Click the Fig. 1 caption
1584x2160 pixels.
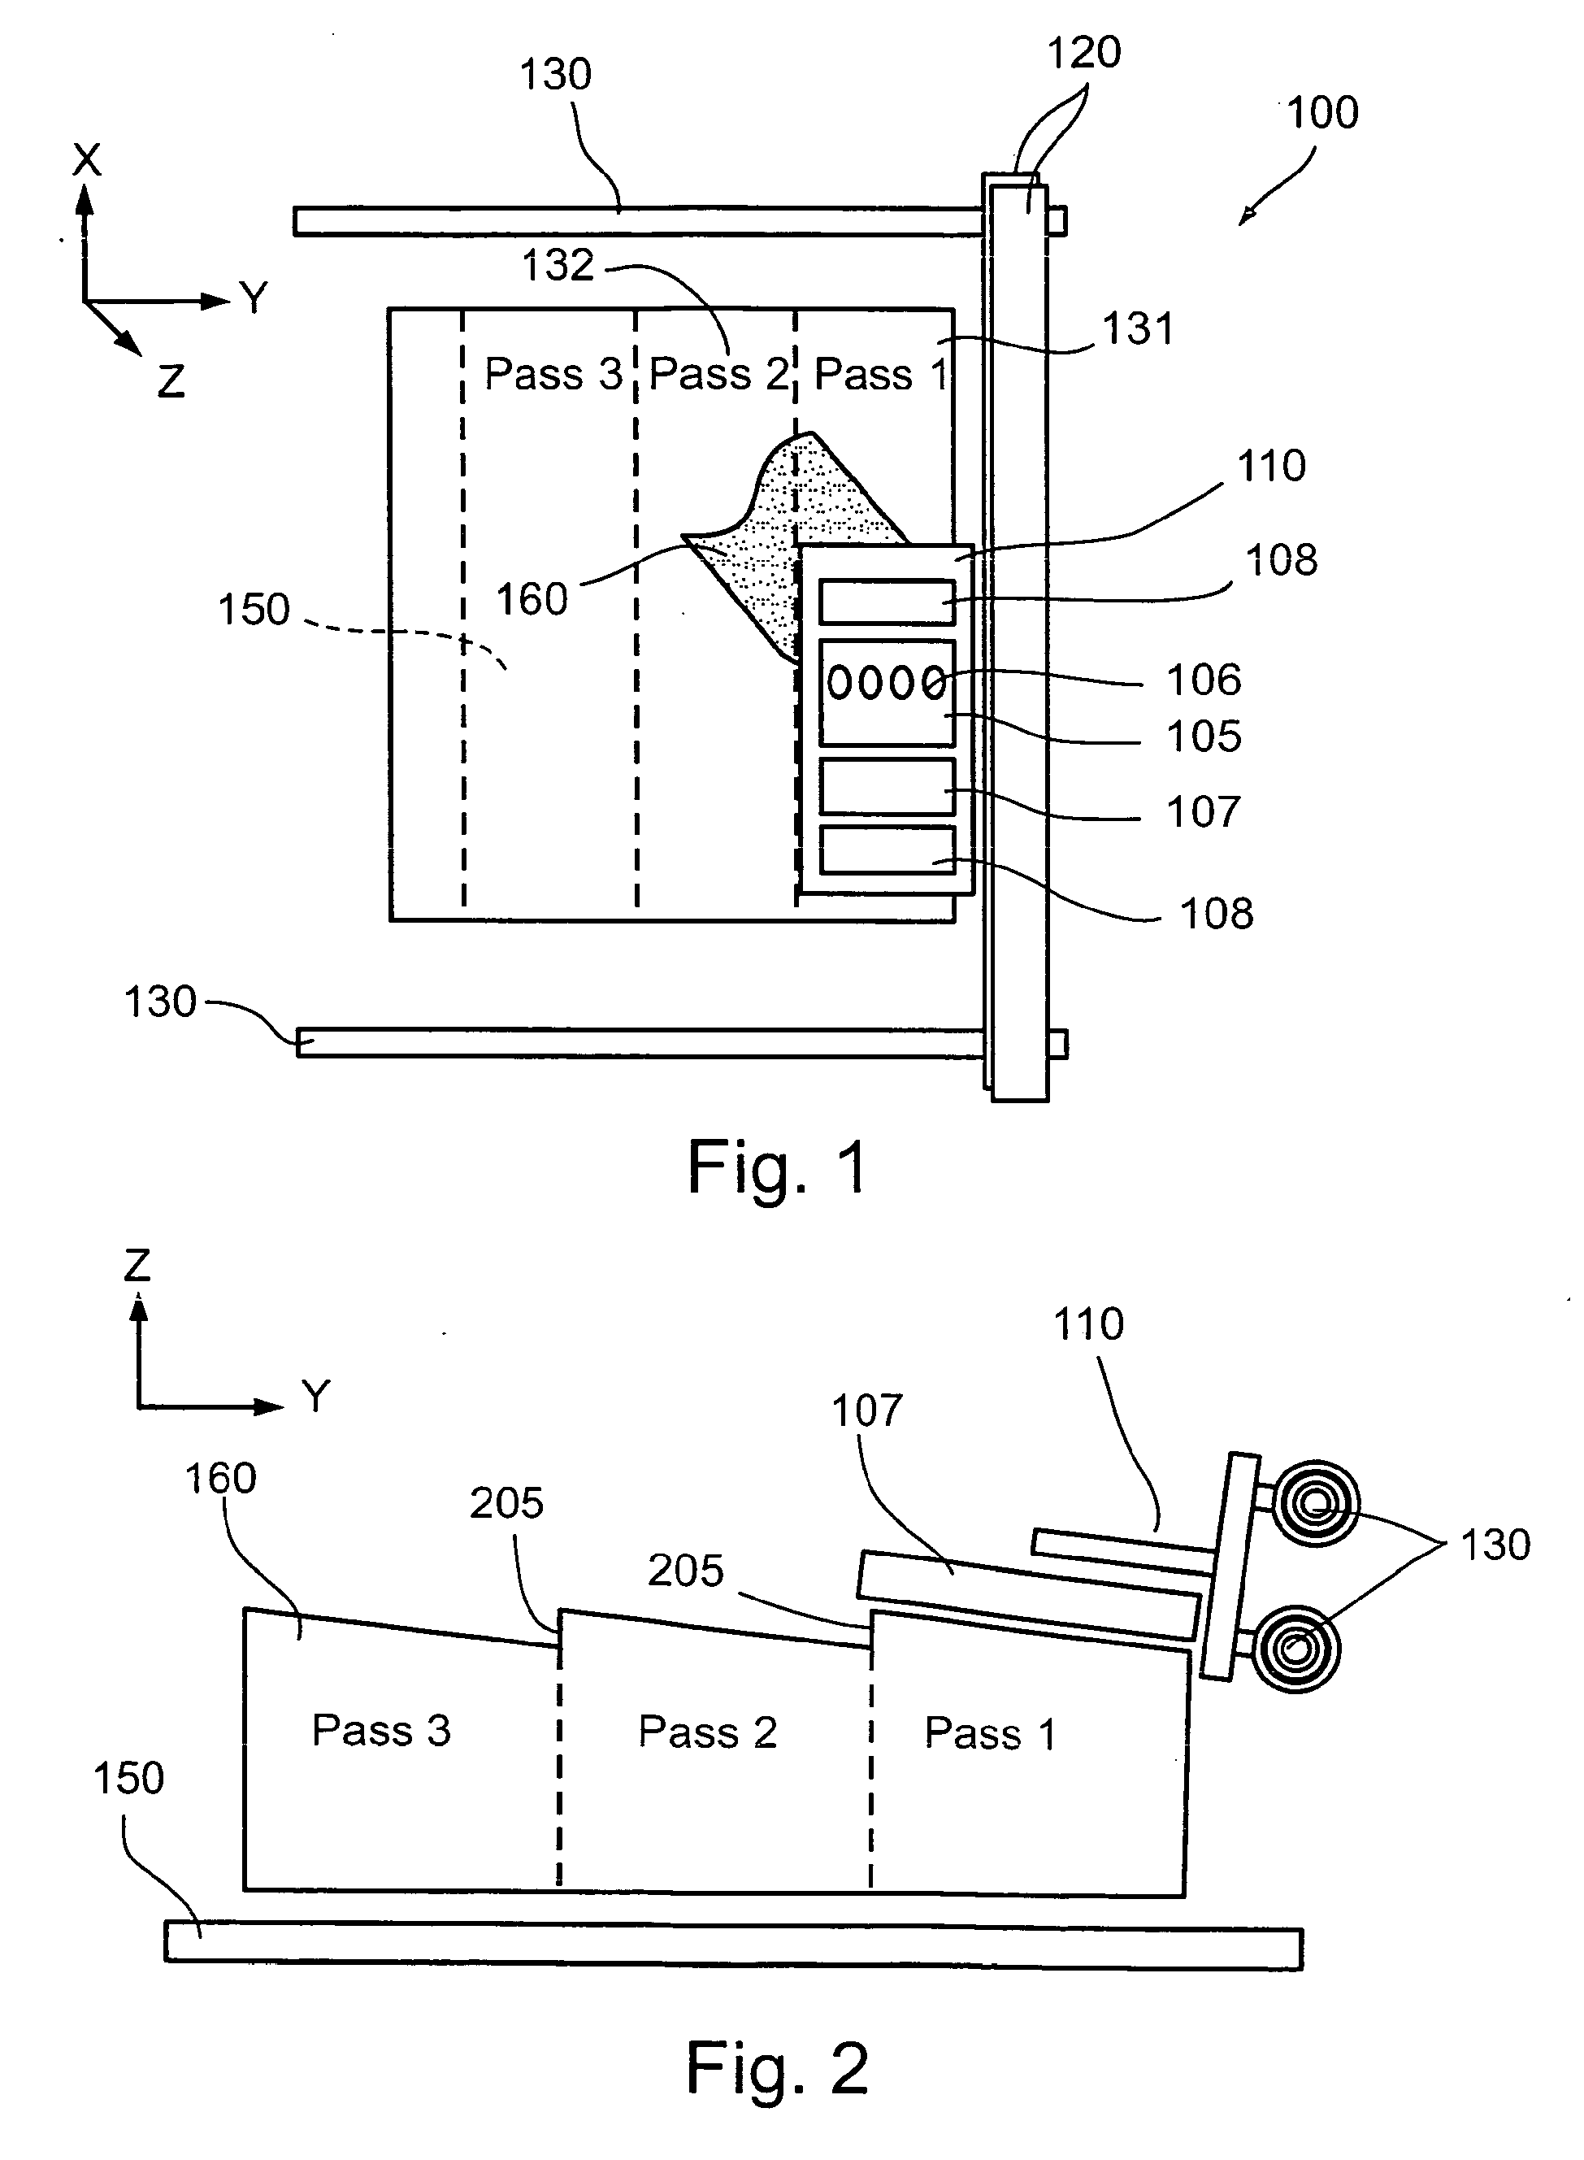pos(778,1168)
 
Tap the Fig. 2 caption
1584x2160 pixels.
pos(777,2068)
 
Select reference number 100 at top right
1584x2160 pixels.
pos(1322,113)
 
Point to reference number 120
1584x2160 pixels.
pos(1083,53)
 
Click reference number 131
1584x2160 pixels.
pos(1138,329)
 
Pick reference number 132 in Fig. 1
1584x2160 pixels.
pos(558,266)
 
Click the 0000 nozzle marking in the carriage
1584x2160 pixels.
pos(886,683)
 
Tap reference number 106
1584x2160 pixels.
pos(1204,680)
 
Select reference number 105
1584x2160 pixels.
pos(1204,737)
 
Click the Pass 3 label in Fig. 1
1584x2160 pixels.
pos(553,374)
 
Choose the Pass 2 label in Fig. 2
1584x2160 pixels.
pos(708,1732)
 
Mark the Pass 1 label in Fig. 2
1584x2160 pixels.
pos(991,1733)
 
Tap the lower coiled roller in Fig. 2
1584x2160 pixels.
pos(1295,1649)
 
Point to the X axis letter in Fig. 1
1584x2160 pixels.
pos(86,160)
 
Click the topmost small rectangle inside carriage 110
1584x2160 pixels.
pos(887,602)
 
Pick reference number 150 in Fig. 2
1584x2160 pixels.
pos(128,1778)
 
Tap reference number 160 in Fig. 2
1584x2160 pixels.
pos(220,1478)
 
